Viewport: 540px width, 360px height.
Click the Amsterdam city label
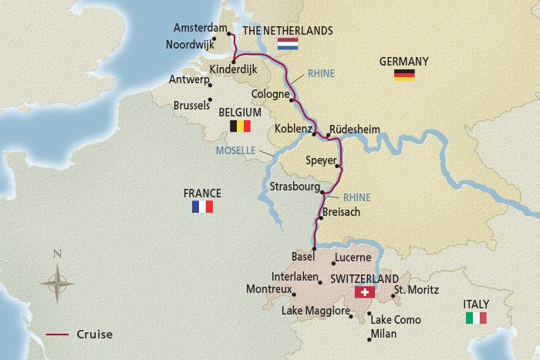[x=202, y=28]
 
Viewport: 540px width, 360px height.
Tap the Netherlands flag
[x=288, y=44]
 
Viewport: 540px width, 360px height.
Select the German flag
[x=404, y=75]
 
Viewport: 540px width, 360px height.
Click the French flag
[x=202, y=207]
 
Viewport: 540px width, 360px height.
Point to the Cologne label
[x=268, y=90]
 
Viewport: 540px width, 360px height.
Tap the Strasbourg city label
[x=294, y=187]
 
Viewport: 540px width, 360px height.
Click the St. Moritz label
[x=416, y=290]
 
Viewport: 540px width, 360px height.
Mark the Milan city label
[x=383, y=333]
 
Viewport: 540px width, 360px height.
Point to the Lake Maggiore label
[x=316, y=311]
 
